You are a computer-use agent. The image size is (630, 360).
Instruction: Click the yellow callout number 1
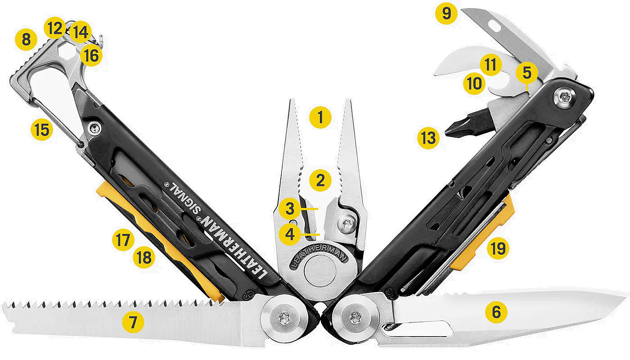320,117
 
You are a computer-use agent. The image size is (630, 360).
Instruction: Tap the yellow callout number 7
133,322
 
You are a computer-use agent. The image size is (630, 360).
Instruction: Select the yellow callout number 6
496,312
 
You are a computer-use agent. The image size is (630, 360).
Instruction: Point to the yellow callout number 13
428,138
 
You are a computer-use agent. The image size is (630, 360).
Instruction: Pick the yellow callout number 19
498,248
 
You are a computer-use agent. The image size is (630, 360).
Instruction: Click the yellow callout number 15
42,130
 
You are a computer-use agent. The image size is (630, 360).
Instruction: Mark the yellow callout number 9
446,13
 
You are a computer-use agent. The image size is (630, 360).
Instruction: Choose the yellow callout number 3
290,209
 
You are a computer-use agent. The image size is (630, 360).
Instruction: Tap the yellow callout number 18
144,257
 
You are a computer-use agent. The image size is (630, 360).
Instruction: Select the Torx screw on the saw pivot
283,319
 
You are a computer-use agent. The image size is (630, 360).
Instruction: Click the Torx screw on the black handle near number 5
563,97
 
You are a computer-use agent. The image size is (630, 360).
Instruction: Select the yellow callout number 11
491,65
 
